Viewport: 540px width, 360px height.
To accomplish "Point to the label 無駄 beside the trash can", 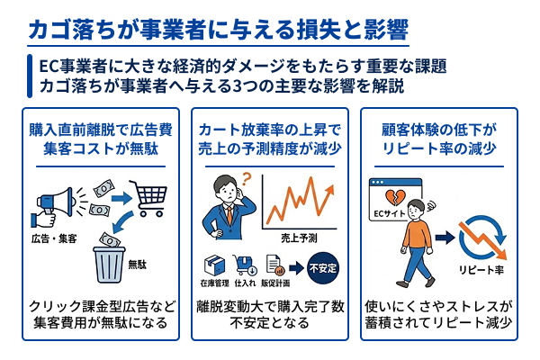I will [x=138, y=264].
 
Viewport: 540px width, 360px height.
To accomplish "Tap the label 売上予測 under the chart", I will [x=298, y=236].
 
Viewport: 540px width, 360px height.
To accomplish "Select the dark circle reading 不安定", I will [x=323, y=266].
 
